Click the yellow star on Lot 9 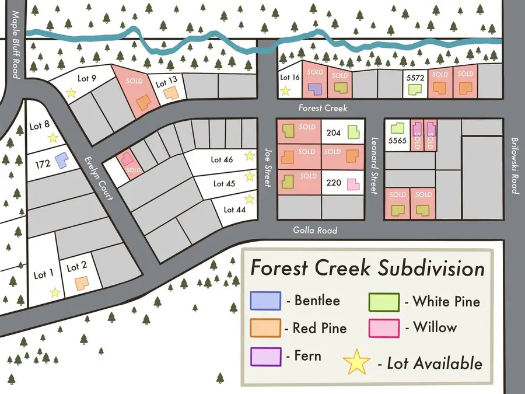[x=71, y=92]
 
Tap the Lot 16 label [x=290, y=77]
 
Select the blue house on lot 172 [x=60, y=159]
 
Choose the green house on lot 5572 [x=415, y=89]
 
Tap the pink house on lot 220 [x=353, y=185]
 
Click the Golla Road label [x=315, y=231]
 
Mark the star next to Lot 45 [x=250, y=176]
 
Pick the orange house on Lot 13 [x=170, y=92]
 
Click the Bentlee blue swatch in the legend [x=265, y=301]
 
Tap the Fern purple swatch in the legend [x=265, y=355]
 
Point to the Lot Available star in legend [x=357, y=362]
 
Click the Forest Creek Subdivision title [x=367, y=269]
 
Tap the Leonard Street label [x=375, y=166]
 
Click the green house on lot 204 [x=353, y=133]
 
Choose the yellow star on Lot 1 [x=55, y=292]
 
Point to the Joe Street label [x=268, y=166]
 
